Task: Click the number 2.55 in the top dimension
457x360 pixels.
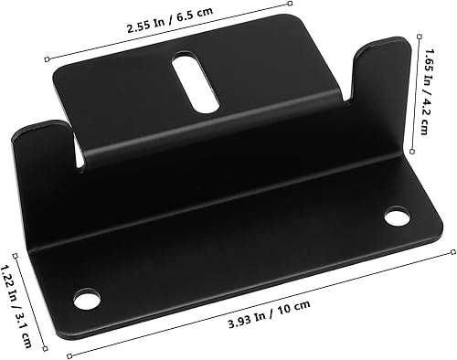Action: pos(143,27)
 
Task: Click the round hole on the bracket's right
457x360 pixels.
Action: pos(397,217)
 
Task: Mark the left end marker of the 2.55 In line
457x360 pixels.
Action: pos(48,58)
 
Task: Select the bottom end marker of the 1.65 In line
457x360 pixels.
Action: pos(417,153)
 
